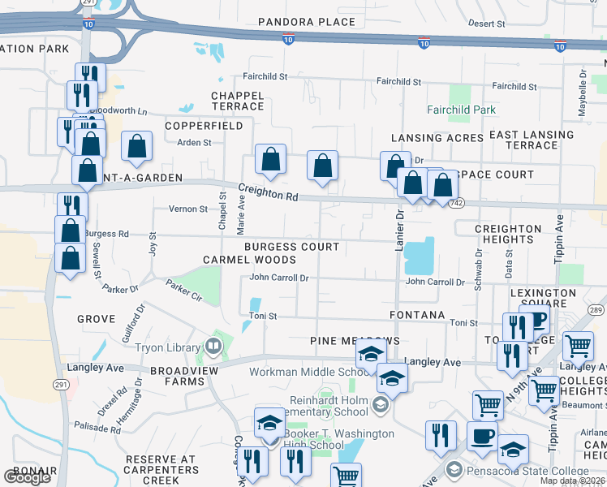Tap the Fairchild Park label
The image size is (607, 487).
[x=461, y=110]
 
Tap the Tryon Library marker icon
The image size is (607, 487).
[x=213, y=347]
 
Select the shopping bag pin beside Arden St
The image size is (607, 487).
[x=137, y=147]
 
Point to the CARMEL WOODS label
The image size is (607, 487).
[x=249, y=260]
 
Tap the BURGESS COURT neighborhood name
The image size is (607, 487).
[x=292, y=246]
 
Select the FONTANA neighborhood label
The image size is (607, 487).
[x=417, y=314]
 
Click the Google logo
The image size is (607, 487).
[x=28, y=477]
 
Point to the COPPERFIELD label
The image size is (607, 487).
[x=204, y=127]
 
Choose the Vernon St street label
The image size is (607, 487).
[x=188, y=209]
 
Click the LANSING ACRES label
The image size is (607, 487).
[x=437, y=138]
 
